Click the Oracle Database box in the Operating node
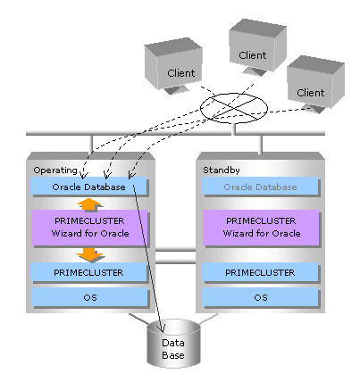click(x=88, y=187)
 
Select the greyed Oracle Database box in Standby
click(x=260, y=187)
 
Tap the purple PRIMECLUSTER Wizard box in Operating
click(x=89, y=228)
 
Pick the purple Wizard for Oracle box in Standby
click(x=261, y=228)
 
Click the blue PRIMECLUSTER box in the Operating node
click(x=88, y=272)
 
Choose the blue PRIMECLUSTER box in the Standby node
click(x=260, y=272)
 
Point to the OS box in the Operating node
click(x=89, y=297)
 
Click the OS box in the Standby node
click(x=261, y=297)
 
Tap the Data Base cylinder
click(x=173, y=344)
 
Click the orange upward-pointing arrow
click(x=89, y=204)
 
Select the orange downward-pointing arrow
click(x=89, y=255)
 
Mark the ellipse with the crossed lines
click(x=234, y=108)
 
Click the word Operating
click(x=55, y=170)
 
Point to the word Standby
click(x=222, y=170)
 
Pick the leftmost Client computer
click(x=173, y=65)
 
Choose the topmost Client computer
click(x=258, y=47)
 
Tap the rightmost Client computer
click(x=315, y=84)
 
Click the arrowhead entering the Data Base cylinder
click(x=162, y=328)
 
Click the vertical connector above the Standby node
click(x=261, y=145)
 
